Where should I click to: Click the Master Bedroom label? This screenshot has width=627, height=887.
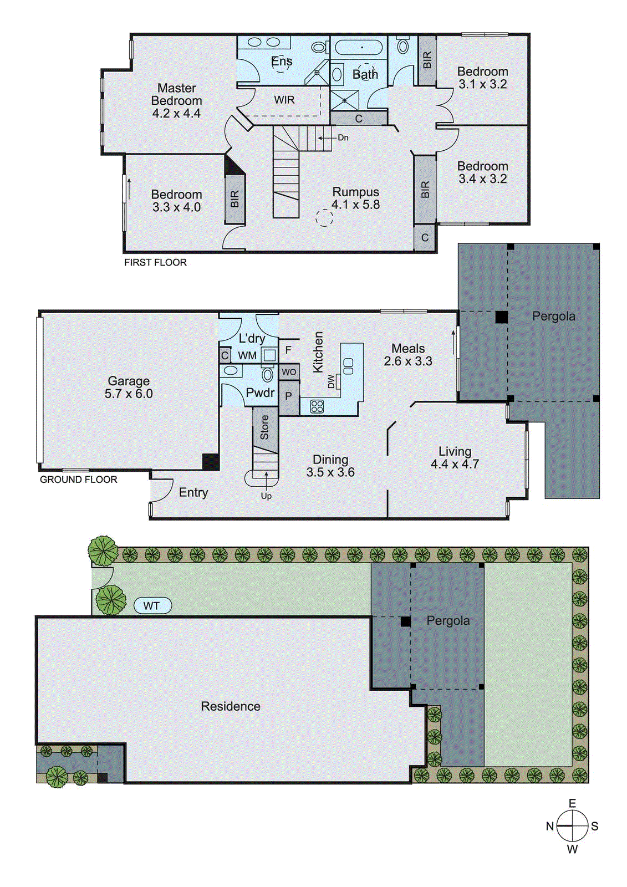tap(176, 100)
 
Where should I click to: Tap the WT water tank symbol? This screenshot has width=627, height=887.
tap(152, 606)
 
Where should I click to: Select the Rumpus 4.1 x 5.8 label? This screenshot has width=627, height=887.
tap(355, 198)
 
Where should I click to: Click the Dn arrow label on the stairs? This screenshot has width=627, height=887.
tap(343, 137)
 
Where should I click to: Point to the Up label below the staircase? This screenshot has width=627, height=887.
tap(266, 496)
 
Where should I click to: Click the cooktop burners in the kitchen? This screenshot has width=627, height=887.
tap(317, 406)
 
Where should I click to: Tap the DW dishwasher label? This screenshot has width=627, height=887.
tap(332, 381)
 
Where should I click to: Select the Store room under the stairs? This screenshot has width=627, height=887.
tap(264, 427)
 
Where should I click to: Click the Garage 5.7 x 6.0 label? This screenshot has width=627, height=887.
tap(129, 387)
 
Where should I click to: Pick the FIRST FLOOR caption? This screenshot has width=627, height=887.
tap(155, 263)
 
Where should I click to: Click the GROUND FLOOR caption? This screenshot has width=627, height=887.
tap(79, 480)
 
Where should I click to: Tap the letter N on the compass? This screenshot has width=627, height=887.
tap(549, 827)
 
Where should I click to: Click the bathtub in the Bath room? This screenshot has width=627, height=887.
tap(360, 48)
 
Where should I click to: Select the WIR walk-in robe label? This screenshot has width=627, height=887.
tap(284, 100)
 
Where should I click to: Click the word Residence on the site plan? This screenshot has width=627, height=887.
tap(230, 706)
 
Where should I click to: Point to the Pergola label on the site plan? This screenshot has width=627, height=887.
tap(448, 621)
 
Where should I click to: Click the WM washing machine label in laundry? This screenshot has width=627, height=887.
tap(247, 355)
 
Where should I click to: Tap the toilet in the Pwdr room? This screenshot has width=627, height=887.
tap(268, 375)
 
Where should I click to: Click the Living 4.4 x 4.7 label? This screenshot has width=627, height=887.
tap(455, 458)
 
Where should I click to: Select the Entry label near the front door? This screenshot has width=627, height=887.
tap(193, 492)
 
